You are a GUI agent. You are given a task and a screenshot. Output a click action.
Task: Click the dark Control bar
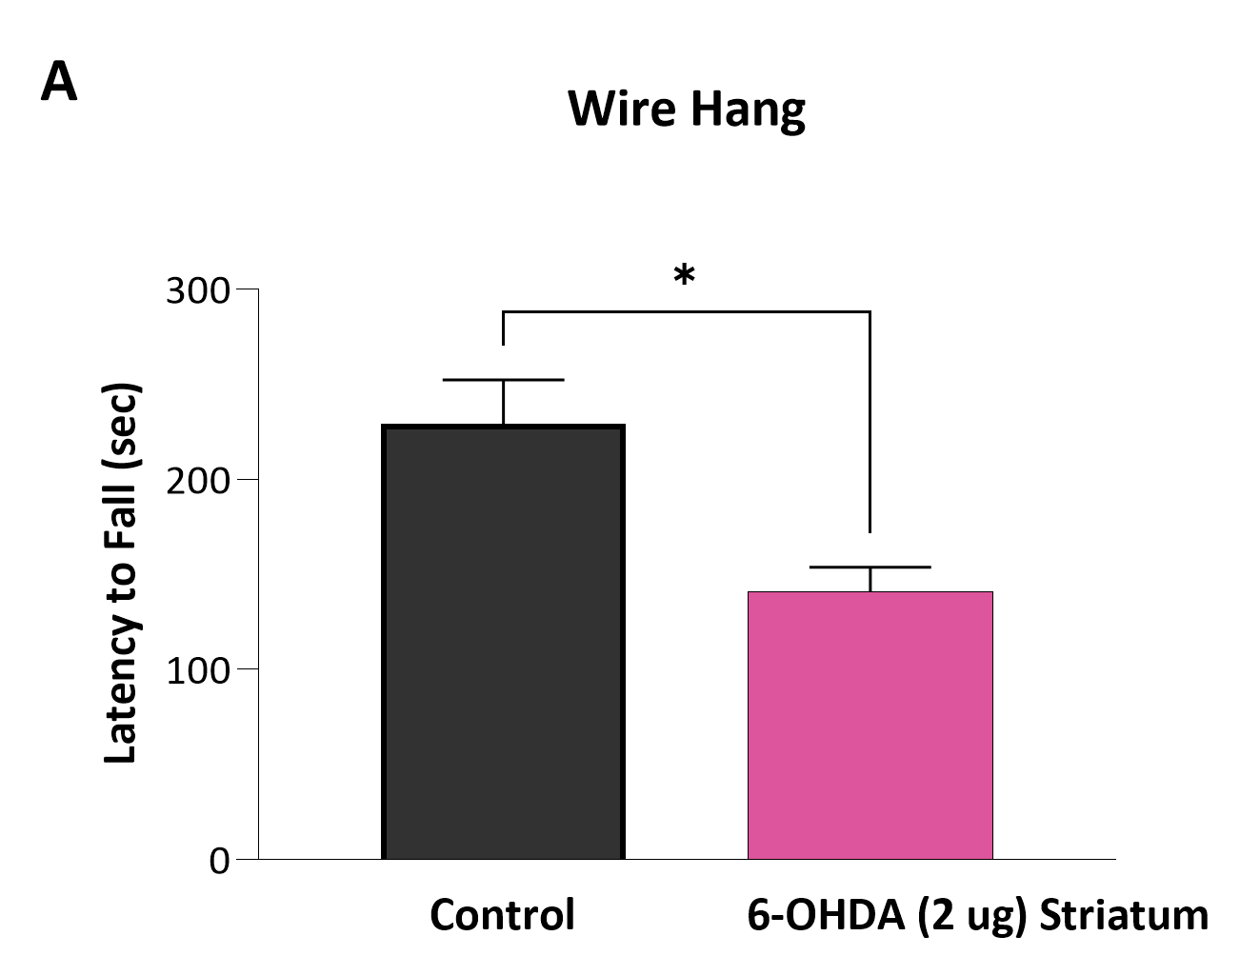point(503,643)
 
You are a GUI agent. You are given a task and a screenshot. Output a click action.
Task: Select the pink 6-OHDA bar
point(870,726)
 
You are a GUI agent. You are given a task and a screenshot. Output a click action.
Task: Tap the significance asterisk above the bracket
point(684,277)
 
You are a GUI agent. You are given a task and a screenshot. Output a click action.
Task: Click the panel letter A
point(58,83)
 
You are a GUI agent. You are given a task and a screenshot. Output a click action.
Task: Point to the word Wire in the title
point(621,109)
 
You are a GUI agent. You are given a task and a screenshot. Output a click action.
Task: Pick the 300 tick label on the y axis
point(198,290)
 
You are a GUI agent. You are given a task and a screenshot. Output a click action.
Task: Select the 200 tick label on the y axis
point(198,481)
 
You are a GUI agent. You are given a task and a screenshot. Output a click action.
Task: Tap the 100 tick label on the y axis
point(198,670)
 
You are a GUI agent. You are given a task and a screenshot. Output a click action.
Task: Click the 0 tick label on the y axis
point(220,861)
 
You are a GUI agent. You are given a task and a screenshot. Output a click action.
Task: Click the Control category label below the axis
point(502,915)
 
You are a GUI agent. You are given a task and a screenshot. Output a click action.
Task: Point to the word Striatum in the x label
point(1123,915)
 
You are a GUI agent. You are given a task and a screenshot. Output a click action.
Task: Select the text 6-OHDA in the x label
point(825,915)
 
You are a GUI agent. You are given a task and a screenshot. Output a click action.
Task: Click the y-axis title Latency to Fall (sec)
point(121,573)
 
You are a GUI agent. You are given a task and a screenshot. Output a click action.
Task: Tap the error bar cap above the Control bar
point(503,380)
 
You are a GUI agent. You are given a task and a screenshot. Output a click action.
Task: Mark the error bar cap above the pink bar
point(870,568)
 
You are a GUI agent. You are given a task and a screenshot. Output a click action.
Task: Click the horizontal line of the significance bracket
point(686,311)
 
